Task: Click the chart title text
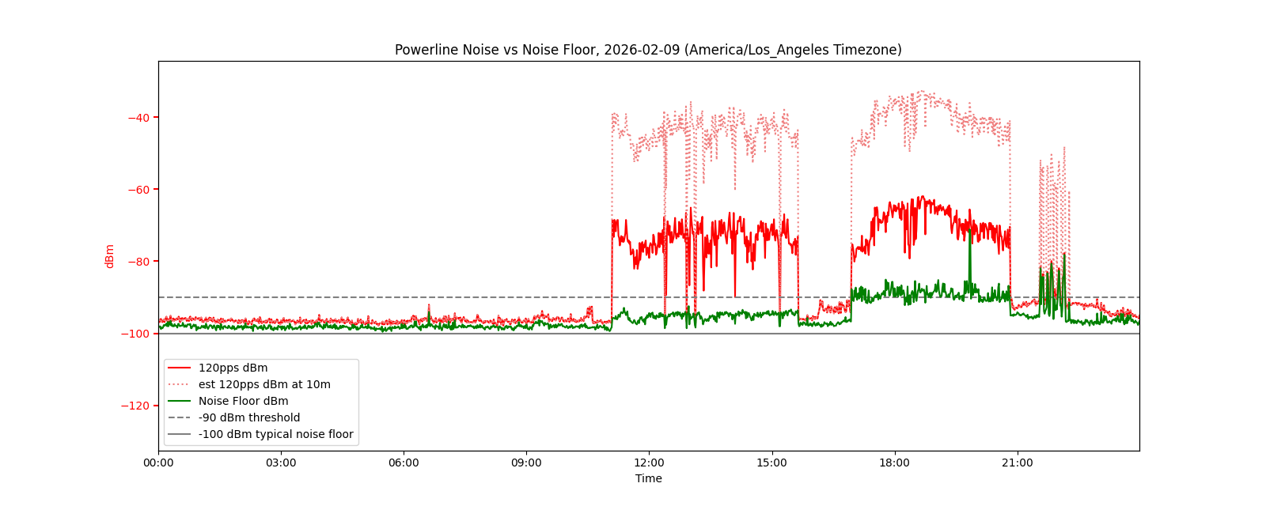[648, 50]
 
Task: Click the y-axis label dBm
[110, 256]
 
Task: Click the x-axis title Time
[648, 478]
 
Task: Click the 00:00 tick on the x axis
[158, 463]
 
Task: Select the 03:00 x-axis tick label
[281, 463]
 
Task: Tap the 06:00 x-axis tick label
[404, 463]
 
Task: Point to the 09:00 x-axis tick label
[526, 463]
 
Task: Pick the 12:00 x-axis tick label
[649, 463]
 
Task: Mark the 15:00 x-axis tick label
[771, 463]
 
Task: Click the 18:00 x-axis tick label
[894, 463]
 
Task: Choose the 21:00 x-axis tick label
[1017, 463]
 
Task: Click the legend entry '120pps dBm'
[233, 368]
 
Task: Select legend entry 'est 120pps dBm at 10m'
[264, 385]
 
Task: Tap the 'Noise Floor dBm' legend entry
[243, 402]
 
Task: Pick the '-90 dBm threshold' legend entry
[249, 418]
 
